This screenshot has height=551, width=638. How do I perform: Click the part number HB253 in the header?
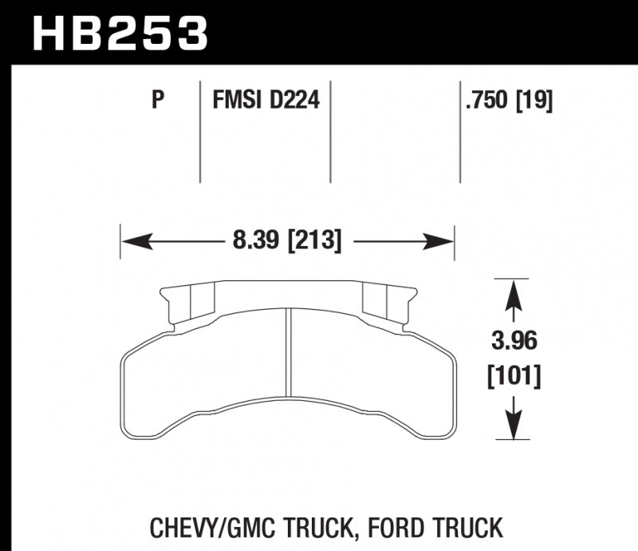[x=120, y=34]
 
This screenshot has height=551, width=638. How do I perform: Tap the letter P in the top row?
[x=158, y=100]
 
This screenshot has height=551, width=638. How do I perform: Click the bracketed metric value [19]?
[x=534, y=100]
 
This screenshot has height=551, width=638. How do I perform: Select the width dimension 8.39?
[x=250, y=240]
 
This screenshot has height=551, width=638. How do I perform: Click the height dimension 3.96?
[x=514, y=341]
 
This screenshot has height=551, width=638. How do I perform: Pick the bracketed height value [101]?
[x=514, y=375]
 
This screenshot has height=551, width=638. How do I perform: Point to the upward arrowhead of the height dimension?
[x=514, y=287]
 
